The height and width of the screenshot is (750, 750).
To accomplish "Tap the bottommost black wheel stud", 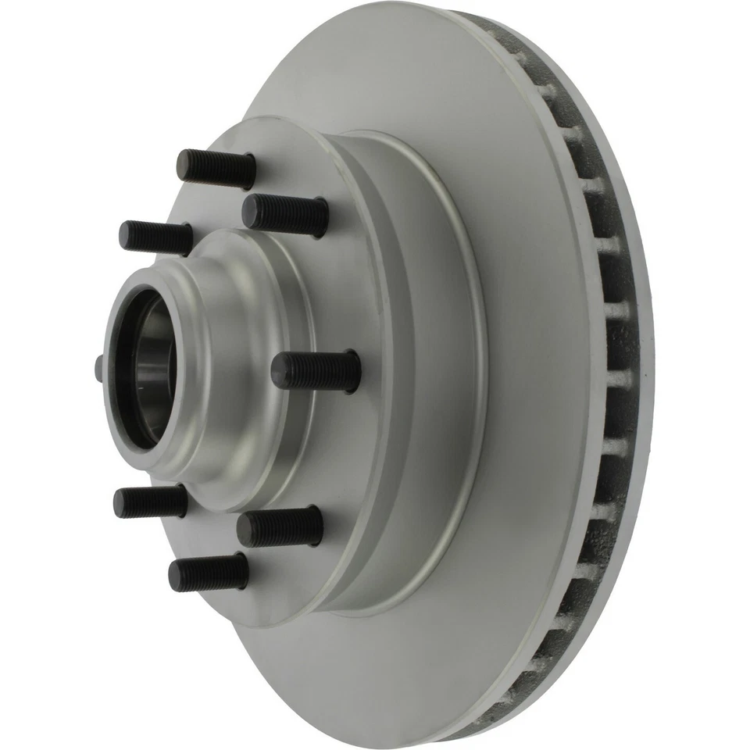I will click(x=209, y=573).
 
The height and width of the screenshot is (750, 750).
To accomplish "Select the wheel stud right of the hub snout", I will click(x=316, y=371).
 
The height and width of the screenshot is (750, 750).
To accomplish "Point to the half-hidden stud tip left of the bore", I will click(x=98, y=367).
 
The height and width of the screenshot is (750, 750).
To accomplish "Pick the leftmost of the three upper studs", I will click(x=155, y=235).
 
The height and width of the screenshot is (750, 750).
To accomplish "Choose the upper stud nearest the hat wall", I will click(x=285, y=214).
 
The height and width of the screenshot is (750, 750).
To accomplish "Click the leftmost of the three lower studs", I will click(x=150, y=502).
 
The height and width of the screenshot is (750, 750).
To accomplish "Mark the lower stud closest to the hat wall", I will click(x=280, y=527).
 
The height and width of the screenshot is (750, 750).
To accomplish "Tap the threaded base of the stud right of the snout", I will click(x=344, y=372).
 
